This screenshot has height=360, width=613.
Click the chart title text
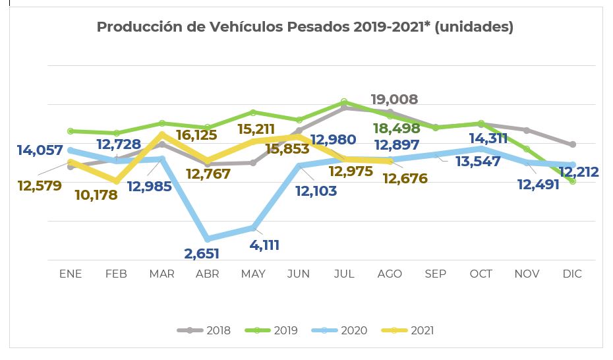[x=305, y=27]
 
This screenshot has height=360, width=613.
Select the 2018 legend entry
[x=204, y=330]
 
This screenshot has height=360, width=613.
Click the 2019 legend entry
[x=272, y=330]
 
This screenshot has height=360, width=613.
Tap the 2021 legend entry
[x=409, y=330]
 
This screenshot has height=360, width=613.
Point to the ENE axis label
[x=71, y=274]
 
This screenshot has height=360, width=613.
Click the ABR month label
[x=208, y=274]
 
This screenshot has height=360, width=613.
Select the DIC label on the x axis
[x=572, y=274]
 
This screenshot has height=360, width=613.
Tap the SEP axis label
[x=435, y=274]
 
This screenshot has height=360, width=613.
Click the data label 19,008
[x=394, y=100]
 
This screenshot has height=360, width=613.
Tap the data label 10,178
[x=96, y=195]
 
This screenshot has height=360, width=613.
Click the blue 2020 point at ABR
[x=208, y=239]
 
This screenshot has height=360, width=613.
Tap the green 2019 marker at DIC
[x=572, y=181]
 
